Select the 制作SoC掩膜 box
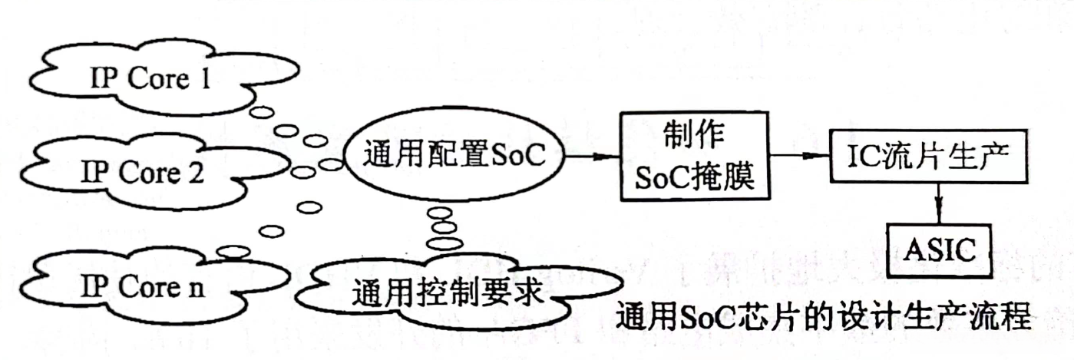click(696, 156)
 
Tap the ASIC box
click(939, 249)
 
